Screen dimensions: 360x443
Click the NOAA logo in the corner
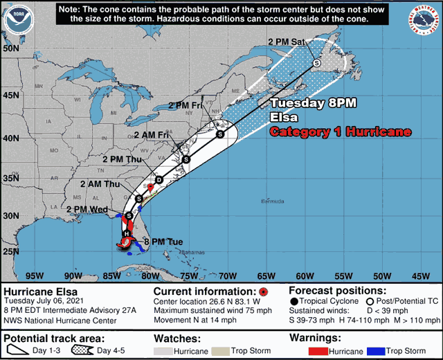(x=19, y=19)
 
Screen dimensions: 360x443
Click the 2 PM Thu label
(x=121, y=159)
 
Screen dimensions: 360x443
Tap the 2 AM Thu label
(x=100, y=184)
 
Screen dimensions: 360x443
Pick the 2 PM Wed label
(x=87, y=209)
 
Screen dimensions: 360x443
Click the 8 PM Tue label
(x=163, y=242)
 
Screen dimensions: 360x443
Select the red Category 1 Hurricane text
(x=340, y=132)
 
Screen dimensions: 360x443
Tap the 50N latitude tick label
(x=10, y=48)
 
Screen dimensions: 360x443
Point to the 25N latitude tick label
(x=10, y=251)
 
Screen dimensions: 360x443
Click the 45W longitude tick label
(x=420, y=275)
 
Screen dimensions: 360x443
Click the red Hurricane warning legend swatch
(x=318, y=351)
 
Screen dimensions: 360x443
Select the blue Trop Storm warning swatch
(x=375, y=351)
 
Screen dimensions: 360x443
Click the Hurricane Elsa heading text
(x=40, y=291)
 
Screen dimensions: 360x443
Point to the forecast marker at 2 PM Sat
(x=317, y=63)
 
